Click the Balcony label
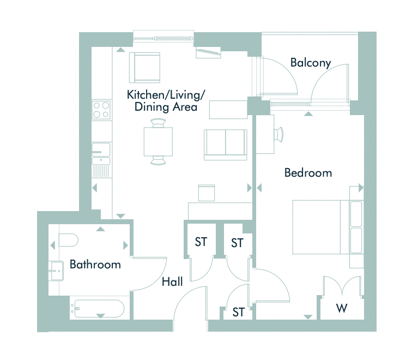[x=310, y=63]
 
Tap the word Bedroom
[x=308, y=173]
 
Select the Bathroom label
[x=95, y=265]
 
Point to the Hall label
[x=172, y=282]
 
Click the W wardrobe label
[x=342, y=308]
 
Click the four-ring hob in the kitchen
[x=101, y=110]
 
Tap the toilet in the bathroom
[x=68, y=240]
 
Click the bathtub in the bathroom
[x=99, y=309]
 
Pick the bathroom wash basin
[x=56, y=271]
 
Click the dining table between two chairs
[x=158, y=142]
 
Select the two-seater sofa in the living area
[x=226, y=145]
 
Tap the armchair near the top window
[x=144, y=68]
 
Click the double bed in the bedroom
[x=328, y=227]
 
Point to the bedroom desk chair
[x=279, y=134]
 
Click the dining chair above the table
[x=158, y=123]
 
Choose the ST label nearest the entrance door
[x=238, y=312]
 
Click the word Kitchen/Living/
[x=166, y=95]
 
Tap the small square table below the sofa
[x=207, y=193]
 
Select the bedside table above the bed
[x=356, y=193]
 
